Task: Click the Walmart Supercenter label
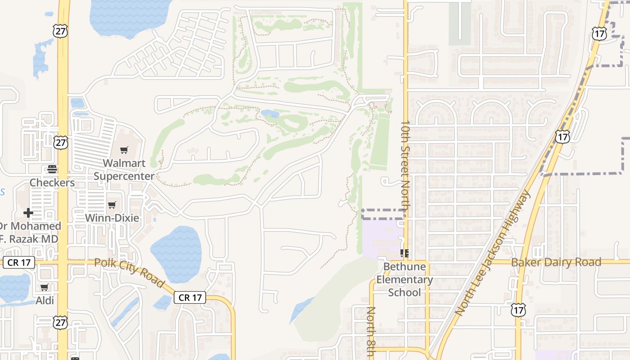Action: (124, 169)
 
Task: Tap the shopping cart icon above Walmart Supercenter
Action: (124, 150)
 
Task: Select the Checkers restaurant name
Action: (52, 183)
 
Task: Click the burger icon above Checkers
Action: (52, 169)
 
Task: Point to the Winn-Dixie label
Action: (112, 218)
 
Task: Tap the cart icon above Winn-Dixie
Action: (112, 205)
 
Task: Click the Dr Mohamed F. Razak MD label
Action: (30, 232)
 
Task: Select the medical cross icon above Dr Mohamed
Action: (28, 212)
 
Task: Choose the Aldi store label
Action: (45, 301)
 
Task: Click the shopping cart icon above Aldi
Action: (44, 287)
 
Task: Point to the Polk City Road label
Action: (129, 272)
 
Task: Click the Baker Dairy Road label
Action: (556, 262)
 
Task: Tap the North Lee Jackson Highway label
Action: (492, 253)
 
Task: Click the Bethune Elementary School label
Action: (404, 279)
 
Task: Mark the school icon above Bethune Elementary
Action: (404, 253)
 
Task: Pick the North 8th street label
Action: (371, 331)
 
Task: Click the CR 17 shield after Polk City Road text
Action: (190, 297)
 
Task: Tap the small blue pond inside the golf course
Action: (270, 113)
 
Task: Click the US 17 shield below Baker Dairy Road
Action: (518, 310)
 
